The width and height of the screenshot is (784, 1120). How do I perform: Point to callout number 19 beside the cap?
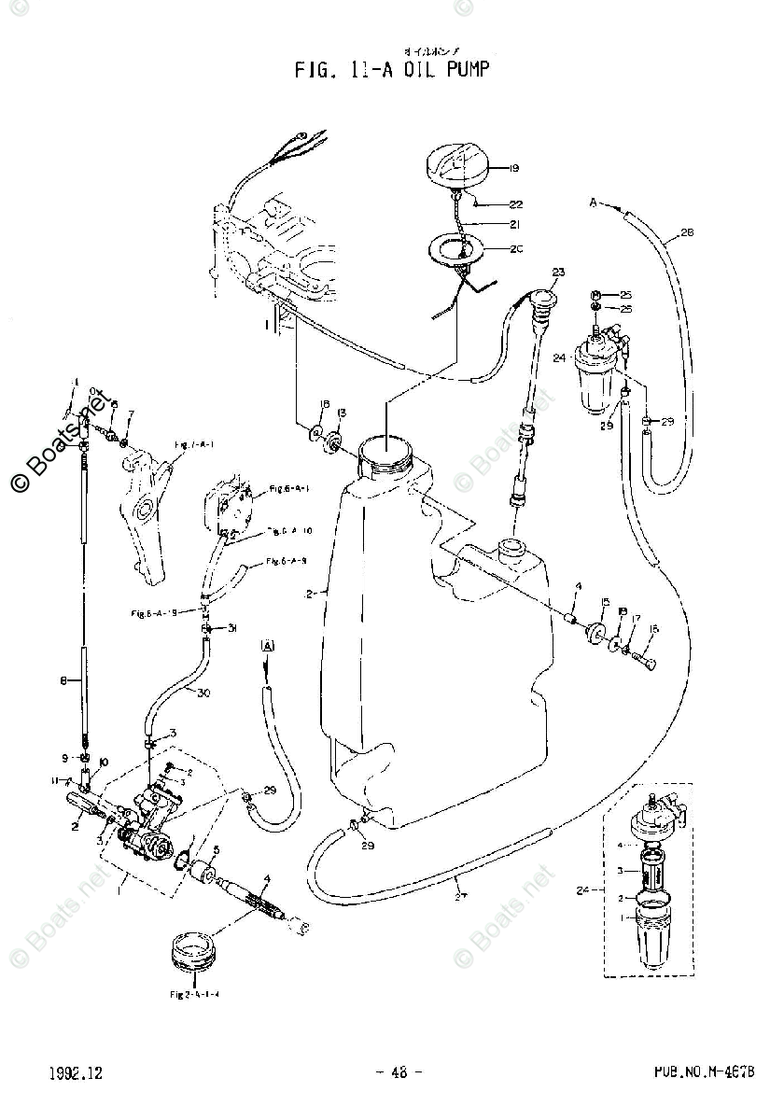coord(514,169)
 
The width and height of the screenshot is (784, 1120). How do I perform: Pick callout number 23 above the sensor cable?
coord(558,273)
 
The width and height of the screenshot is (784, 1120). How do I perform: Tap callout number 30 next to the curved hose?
coord(203,693)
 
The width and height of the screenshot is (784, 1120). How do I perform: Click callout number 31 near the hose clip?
coord(231,628)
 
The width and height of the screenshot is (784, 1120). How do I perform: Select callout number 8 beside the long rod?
coord(63,682)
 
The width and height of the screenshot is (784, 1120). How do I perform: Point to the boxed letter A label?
coord(269,646)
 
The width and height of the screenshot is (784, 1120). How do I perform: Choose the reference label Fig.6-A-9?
coord(287,562)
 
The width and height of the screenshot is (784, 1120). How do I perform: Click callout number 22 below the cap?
coord(514,204)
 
